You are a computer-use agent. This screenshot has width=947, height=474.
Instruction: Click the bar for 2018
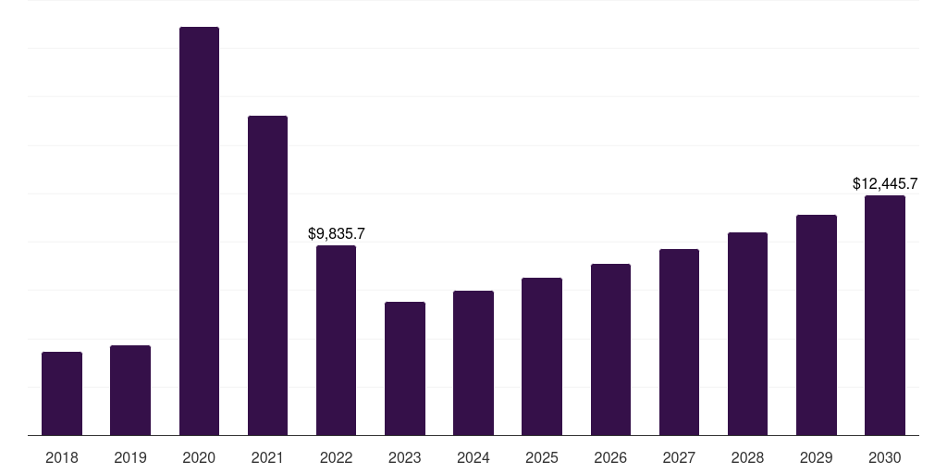click(62, 393)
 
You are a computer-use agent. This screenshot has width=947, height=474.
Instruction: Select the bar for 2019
click(130, 390)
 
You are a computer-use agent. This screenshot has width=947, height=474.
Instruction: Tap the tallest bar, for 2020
click(199, 231)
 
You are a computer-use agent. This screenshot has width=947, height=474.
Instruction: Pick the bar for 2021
click(267, 275)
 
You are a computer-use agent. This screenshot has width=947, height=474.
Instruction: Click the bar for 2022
click(336, 340)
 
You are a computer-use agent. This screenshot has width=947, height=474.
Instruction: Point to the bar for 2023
click(405, 368)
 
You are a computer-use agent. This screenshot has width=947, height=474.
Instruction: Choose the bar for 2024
click(473, 363)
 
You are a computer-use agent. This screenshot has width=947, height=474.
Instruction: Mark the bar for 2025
click(542, 356)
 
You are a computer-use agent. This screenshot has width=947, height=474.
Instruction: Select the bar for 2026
click(610, 349)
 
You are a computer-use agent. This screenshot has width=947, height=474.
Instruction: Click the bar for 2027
click(679, 342)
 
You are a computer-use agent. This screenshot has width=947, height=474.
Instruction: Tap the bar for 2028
click(747, 333)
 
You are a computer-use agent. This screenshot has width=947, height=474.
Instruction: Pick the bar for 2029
click(817, 325)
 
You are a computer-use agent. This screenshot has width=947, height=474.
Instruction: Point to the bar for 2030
click(885, 315)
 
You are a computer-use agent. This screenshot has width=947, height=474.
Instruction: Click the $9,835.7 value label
click(337, 233)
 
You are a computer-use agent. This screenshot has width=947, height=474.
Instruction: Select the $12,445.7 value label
click(885, 184)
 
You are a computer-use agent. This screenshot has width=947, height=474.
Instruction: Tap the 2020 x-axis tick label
click(199, 457)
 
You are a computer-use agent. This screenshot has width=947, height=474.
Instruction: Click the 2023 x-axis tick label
click(405, 457)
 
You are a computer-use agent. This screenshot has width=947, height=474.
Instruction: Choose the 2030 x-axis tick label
click(885, 457)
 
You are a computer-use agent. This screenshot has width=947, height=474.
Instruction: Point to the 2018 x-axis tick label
click(62, 457)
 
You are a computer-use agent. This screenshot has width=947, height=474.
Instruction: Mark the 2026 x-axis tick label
click(610, 457)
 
